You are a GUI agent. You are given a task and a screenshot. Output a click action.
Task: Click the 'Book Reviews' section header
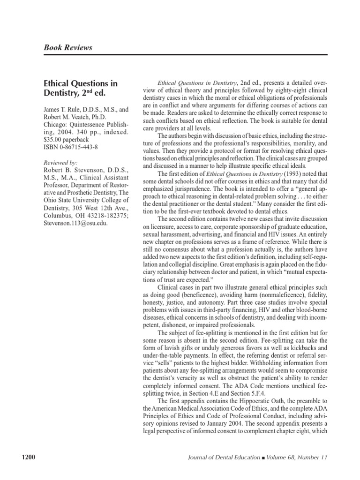(x=68, y=47)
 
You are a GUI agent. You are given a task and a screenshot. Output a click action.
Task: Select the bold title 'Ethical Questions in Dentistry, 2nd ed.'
(x=81, y=88)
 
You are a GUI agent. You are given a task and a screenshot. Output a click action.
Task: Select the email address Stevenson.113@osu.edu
(x=75, y=223)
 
